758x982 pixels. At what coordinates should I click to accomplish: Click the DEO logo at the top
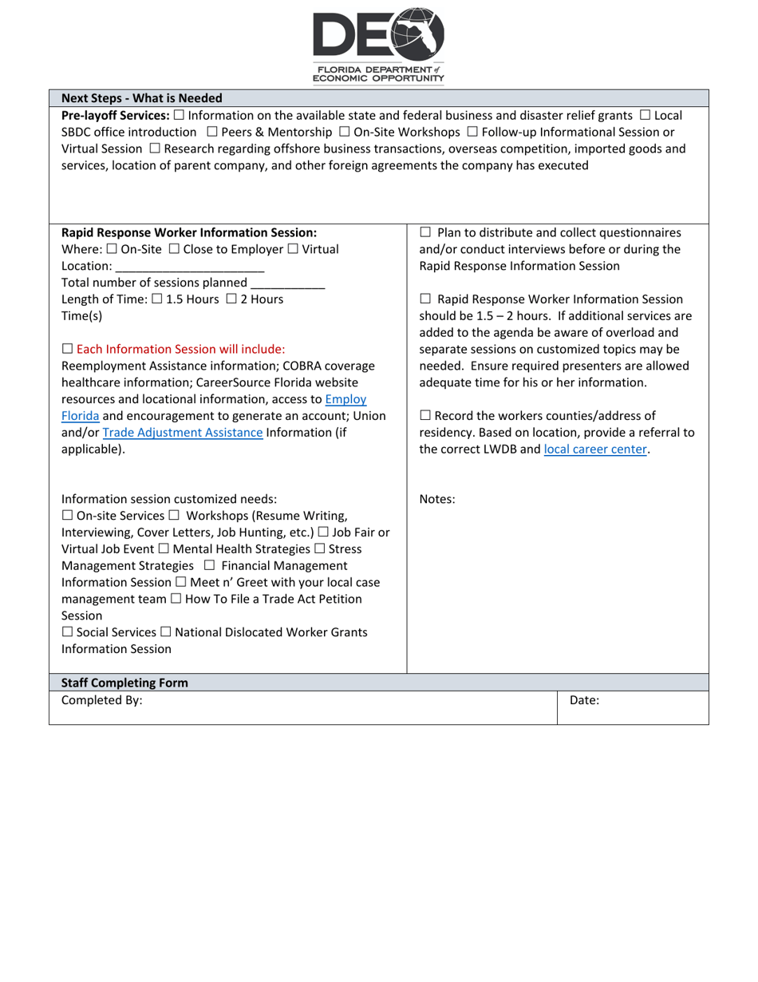pyautogui.click(x=378, y=44)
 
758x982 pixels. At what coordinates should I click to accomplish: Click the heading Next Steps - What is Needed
pyautogui.click(x=141, y=98)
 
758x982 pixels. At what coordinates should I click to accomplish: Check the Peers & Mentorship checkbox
pyautogui.click(x=211, y=132)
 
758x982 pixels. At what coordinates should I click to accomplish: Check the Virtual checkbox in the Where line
pyautogui.click(x=292, y=249)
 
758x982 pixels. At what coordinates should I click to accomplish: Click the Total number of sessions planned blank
pyautogui.click(x=287, y=283)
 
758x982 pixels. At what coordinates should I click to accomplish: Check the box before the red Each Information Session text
pyautogui.click(x=67, y=350)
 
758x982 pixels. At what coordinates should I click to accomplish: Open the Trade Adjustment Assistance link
pyautogui.click(x=183, y=433)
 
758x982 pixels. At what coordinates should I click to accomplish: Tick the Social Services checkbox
pyautogui.click(x=67, y=632)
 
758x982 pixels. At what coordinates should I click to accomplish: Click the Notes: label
pyautogui.click(x=437, y=500)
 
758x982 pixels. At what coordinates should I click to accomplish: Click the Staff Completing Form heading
pyautogui.click(x=124, y=683)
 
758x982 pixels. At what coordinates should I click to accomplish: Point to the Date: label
pyautogui.click(x=584, y=700)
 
